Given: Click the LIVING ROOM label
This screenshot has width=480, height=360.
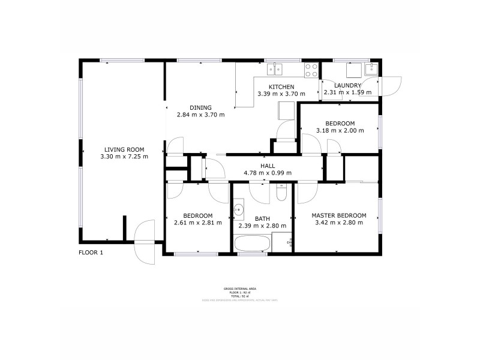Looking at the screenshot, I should coord(124,149).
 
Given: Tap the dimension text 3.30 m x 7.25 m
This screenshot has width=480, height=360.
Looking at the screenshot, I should coord(124,157).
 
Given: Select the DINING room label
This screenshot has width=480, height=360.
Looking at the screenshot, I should coord(200,107).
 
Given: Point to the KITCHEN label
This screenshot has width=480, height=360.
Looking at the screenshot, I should coord(281,86).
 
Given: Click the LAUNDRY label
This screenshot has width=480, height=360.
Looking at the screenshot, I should coord(347,86).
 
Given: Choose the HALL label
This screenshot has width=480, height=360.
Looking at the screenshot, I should coord(268,166).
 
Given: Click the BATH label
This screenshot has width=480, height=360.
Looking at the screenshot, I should coord(263,219).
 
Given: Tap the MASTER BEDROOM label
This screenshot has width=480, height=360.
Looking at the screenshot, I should coord(339,215).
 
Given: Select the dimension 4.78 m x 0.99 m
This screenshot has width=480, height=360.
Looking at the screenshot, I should coord(268,173).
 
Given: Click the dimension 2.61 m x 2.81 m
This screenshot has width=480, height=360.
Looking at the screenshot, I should coord(198,223).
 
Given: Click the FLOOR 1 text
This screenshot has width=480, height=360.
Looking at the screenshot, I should coord(91,253).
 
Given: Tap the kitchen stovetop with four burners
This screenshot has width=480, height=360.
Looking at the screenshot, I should coord(311,70).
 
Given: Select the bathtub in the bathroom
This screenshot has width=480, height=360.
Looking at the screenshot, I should coord(251,244).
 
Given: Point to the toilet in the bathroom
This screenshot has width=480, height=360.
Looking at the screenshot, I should coord(281,193).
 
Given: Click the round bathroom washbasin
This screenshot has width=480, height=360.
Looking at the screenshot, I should coord(238,209).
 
